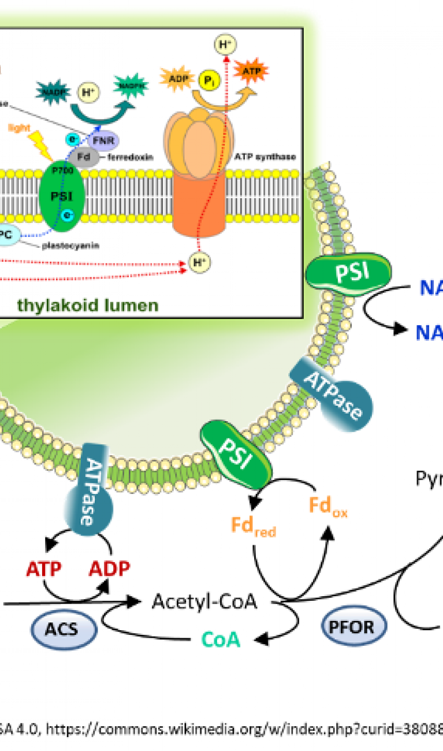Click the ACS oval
coord(64,629)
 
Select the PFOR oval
coord(354,626)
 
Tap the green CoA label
coord(220,640)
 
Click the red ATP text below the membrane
coord(43,570)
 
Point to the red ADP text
coord(109,569)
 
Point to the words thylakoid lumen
coord(87,305)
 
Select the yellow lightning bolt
coord(42,143)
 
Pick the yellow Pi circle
coord(208,80)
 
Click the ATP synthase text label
coord(266,157)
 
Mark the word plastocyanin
coord(70,246)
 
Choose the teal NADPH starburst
coord(131,87)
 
